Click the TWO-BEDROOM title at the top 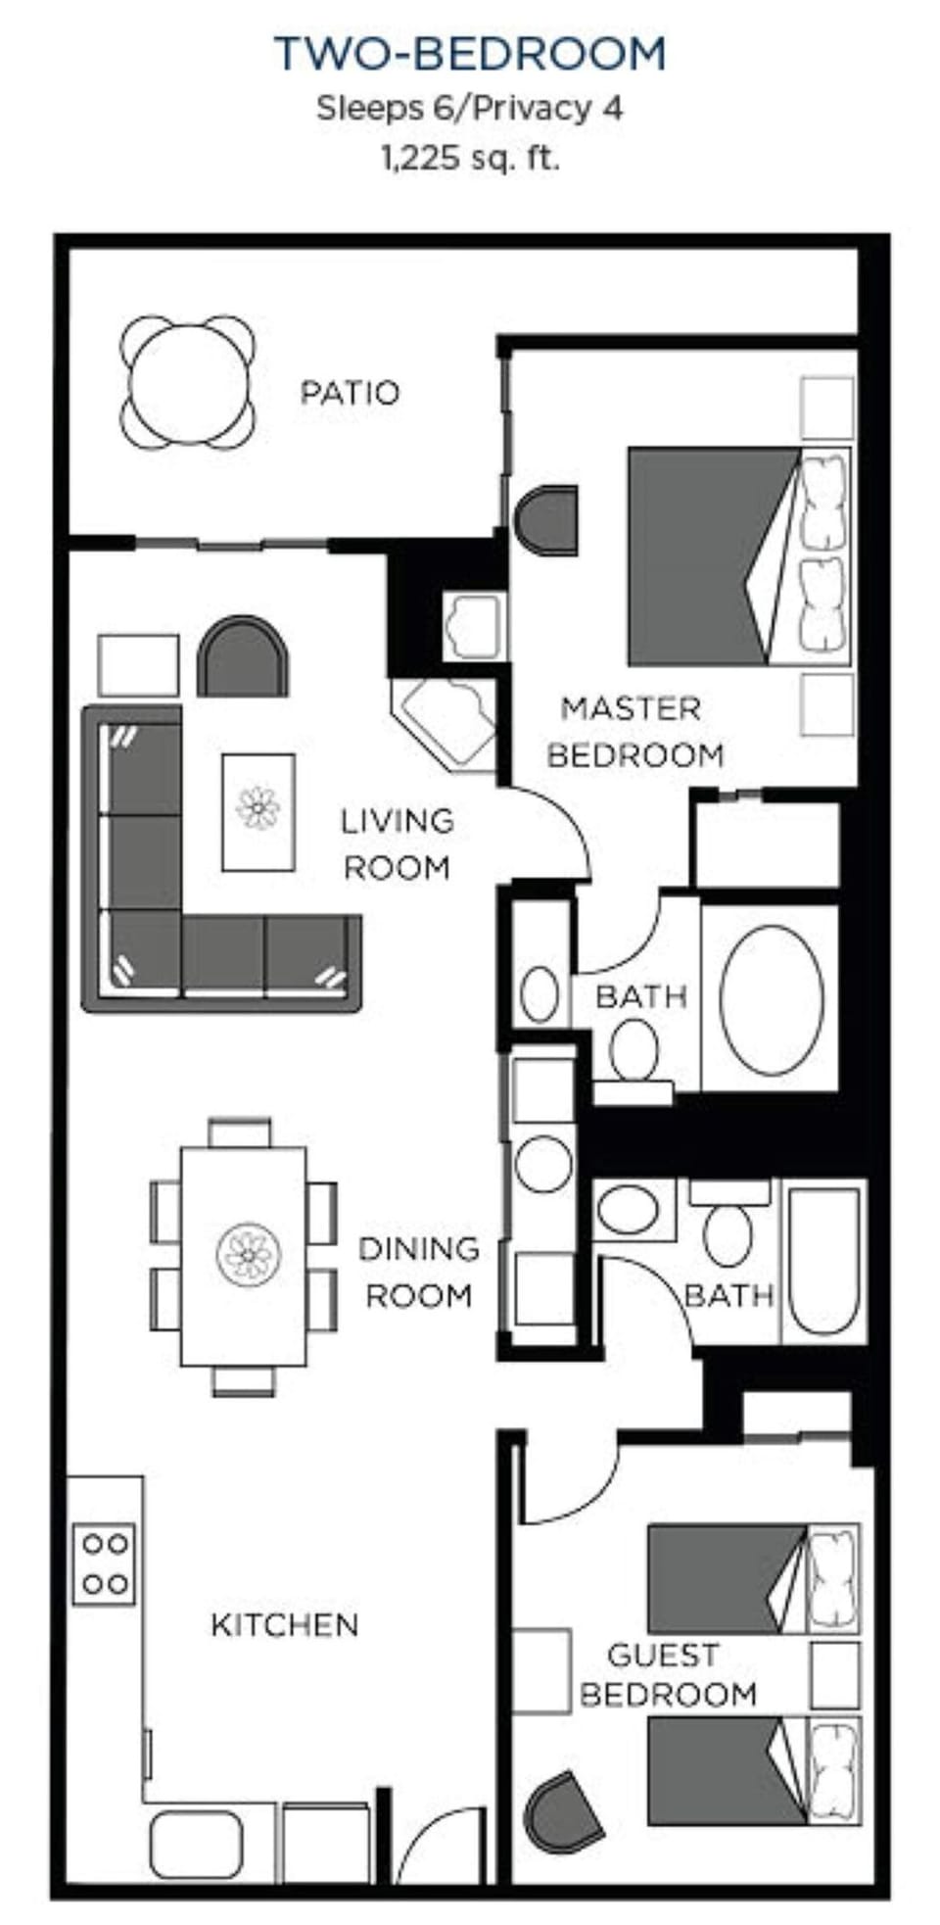tap(470, 54)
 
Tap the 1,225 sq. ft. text tap(470, 158)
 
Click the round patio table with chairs tap(188, 382)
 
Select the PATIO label tap(350, 393)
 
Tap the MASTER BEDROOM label tap(634, 731)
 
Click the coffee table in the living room tap(258, 811)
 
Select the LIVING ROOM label tap(397, 843)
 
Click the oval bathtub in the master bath tap(771, 996)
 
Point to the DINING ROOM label tap(418, 1272)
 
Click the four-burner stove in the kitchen tap(105, 1564)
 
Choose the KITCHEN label tap(284, 1625)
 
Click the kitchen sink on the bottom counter tap(196, 1844)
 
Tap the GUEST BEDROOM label tap(668, 1674)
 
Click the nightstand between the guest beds tap(834, 1675)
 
